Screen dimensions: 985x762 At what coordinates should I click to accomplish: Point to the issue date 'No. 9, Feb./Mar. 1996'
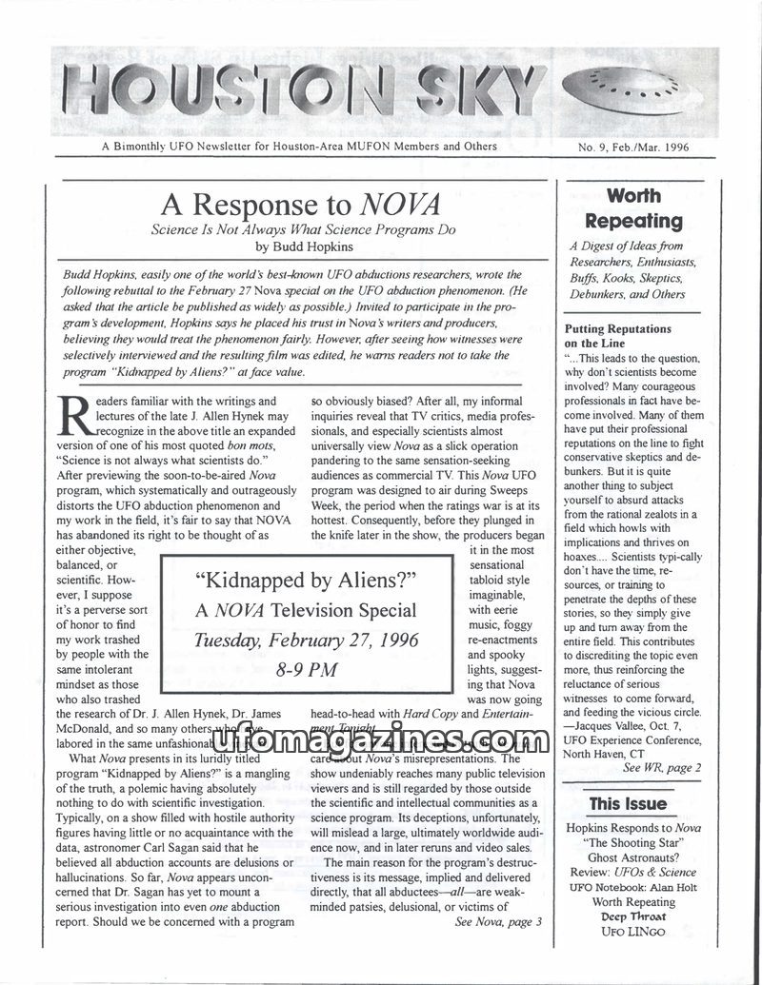[633, 148]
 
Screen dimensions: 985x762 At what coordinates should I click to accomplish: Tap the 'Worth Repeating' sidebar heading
[633, 208]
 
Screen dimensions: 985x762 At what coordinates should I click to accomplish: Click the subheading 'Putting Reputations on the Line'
[617, 336]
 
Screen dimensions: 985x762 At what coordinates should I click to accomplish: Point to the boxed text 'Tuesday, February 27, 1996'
[306, 640]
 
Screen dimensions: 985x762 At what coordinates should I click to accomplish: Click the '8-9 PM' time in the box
[306, 670]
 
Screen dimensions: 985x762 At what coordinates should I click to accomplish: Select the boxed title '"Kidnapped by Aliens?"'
[306, 580]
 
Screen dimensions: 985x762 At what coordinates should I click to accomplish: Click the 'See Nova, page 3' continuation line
[498, 921]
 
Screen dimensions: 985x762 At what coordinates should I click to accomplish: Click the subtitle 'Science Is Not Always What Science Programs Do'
[304, 229]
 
